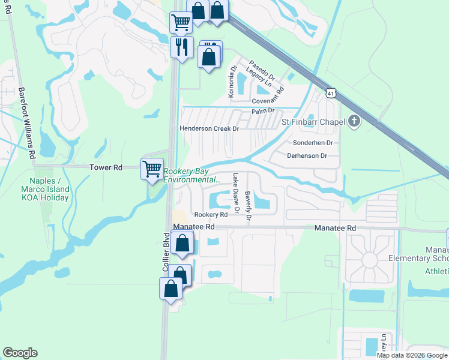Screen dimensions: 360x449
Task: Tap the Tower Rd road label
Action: (106, 168)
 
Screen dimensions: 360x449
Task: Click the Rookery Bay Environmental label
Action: (191, 175)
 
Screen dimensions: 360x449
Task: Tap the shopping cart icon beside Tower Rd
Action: (152, 169)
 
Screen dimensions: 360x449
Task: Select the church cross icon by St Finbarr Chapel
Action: (354, 122)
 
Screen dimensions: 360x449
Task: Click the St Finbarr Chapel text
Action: (313, 122)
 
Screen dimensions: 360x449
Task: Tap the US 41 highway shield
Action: (331, 93)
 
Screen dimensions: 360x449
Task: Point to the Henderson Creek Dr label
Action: (209, 128)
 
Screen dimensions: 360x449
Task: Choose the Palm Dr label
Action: (263, 111)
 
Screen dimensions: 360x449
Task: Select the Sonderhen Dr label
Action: (312, 143)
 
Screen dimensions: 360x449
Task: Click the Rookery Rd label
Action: (210, 214)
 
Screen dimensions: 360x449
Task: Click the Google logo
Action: (20, 353)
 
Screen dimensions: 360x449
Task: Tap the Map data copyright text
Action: (412, 355)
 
